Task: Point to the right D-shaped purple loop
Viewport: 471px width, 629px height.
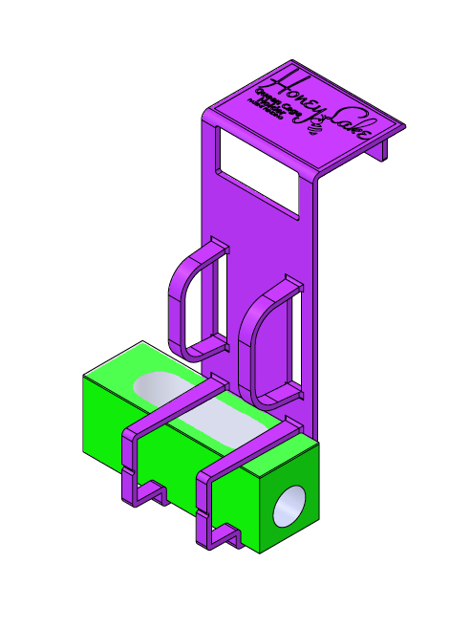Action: click(268, 339)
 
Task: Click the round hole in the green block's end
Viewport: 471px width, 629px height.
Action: click(289, 508)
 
